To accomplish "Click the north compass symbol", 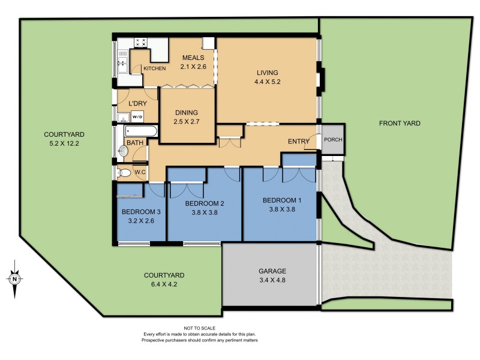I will point(14,278).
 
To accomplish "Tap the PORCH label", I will point(332,140).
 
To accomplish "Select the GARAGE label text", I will point(272,271).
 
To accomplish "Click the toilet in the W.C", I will point(125,173).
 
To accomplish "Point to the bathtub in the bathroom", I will point(140,131).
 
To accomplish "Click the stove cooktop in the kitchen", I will point(142,43).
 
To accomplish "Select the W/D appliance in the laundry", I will point(137,116).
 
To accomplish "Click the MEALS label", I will point(194,58).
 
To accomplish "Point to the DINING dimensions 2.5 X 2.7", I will point(186,122).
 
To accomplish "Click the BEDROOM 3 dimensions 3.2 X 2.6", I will point(142,221).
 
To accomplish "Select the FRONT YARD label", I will point(400,124).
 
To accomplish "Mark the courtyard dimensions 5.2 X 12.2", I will point(64,143).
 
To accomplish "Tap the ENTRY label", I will point(299,142).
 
